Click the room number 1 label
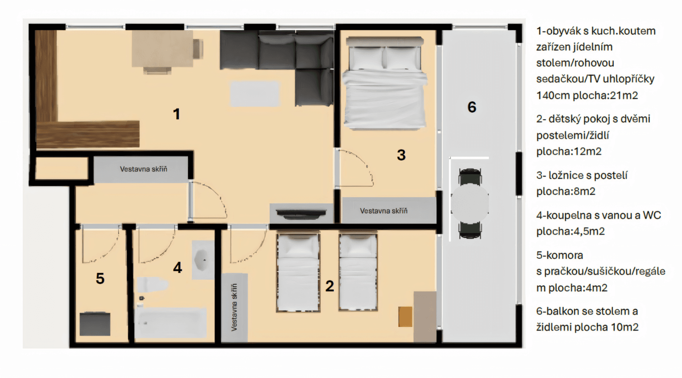click(x=176, y=114)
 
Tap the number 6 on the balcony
click(x=472, y=107)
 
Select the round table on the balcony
click(x=470, y=204)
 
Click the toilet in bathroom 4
click(x=152, y=285)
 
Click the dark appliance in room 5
click(x=95, y=324)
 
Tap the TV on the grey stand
click(x=301, y=214)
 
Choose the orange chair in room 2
click(x=405, y=317)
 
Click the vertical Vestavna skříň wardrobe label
click(x=234, y=307)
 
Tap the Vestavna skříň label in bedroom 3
click(x=383, y=211)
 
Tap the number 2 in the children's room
click(x=330, y=286)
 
